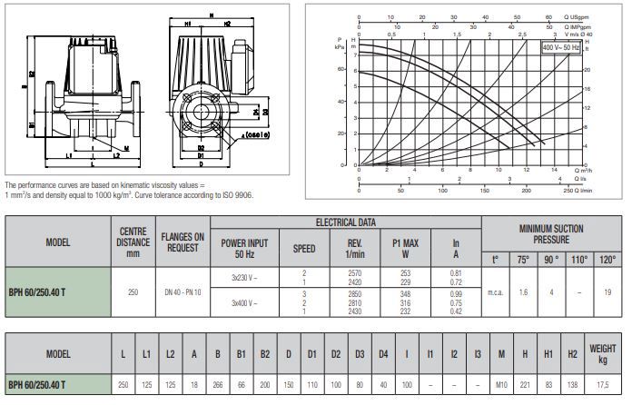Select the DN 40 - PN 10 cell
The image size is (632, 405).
183,291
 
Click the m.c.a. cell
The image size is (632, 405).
496,291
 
